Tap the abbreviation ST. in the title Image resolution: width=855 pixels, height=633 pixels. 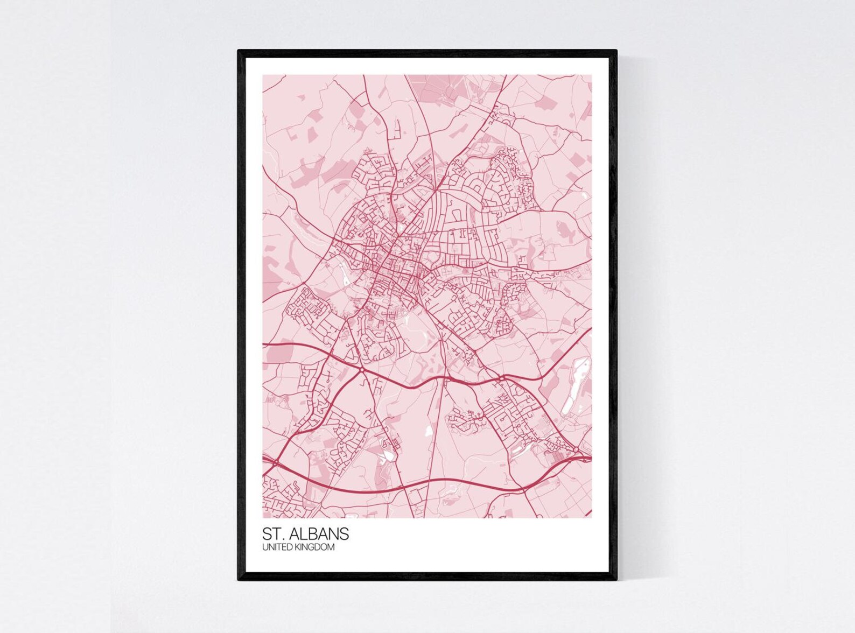[272, 534]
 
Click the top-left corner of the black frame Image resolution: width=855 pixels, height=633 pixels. [239, 51]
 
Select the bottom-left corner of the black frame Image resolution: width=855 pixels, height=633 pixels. [239, 580]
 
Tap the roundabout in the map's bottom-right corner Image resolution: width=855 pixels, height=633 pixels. [576, 449]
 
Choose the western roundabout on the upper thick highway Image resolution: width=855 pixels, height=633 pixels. [361, 370]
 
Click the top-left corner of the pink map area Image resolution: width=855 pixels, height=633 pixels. [263, 75]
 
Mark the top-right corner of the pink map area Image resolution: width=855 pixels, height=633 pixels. [592, 75]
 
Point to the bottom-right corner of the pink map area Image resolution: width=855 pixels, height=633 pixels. [592, 518]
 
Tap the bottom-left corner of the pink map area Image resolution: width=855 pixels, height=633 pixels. [263, 518]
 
